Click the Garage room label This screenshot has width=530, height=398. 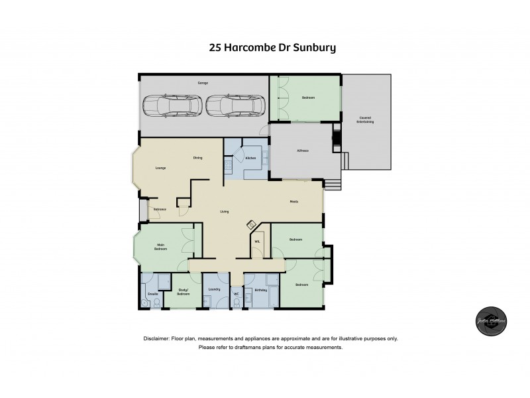[203, 83]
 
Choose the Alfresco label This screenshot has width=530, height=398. [302, 151]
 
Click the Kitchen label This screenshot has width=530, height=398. [250, 159]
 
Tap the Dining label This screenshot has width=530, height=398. [197, 158]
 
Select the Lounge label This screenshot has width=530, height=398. [160, 168]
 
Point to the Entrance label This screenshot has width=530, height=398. [160, 210]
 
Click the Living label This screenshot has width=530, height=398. [224, 212]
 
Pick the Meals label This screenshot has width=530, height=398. [293, 202]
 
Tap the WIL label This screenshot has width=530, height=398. [257, 241]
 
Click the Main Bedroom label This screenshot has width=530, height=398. [160, 247]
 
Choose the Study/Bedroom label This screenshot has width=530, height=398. [184, 291]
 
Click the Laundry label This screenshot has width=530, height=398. [213, 290]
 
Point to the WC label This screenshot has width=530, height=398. [236, 294]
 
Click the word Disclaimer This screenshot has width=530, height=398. [156, 338]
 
